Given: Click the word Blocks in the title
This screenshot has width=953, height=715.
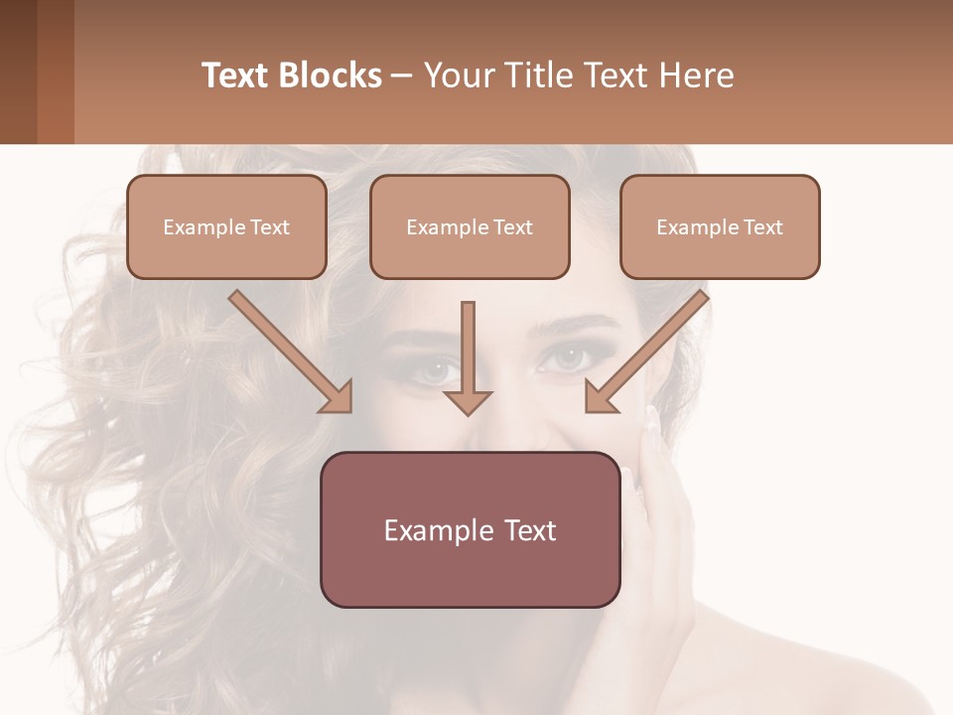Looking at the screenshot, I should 330,75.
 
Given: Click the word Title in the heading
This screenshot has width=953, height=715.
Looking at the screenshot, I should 534,75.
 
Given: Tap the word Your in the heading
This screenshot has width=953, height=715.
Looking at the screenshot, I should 460,75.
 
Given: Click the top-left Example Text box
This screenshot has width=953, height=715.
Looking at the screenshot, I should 226,226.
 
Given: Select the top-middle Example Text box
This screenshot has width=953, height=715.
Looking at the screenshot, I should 470,226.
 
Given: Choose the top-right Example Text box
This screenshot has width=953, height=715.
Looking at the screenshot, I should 720,226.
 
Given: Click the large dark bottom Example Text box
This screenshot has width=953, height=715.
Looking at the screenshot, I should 470,529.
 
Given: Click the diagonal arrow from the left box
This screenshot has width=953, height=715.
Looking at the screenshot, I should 288,350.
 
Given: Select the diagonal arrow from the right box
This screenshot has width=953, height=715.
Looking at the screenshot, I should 649,350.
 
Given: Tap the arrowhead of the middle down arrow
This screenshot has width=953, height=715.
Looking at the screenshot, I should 468,402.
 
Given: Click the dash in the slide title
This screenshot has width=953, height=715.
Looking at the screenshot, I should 402,75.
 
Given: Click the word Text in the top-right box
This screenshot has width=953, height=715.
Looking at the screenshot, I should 762,227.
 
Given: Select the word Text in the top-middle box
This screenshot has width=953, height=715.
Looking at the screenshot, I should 512,227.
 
